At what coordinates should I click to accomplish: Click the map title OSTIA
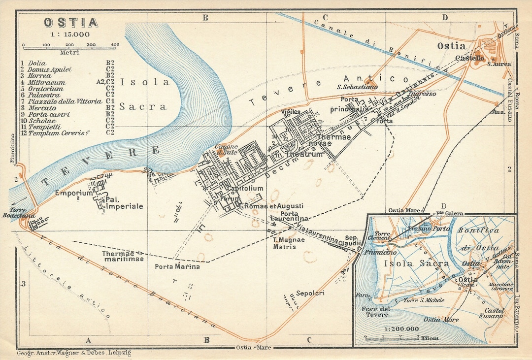(x=70, y=23)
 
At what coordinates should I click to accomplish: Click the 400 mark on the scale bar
(x=115, y=45)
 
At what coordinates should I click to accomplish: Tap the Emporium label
(x=73, y=193)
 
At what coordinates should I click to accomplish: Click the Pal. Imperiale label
(x=125, y=203)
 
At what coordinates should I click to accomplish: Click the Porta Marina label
(x=177, y=266)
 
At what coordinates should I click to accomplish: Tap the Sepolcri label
(x=310, y=293)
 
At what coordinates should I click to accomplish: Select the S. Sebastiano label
(x=357, y=87)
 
